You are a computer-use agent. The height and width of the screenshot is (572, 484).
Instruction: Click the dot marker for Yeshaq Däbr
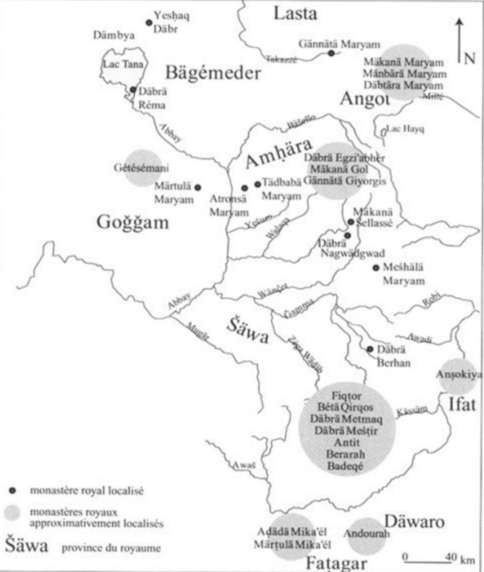click(149, 23)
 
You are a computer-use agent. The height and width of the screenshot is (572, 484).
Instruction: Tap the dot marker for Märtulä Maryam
click(197, 187)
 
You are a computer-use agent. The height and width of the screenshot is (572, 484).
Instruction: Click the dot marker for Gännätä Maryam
click(331, 54)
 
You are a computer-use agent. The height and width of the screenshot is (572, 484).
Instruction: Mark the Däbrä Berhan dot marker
click(370, 349)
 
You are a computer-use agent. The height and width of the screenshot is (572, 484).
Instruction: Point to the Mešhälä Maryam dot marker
click(376, 269)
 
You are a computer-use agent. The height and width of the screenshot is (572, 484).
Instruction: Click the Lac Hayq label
click(406, 129)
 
